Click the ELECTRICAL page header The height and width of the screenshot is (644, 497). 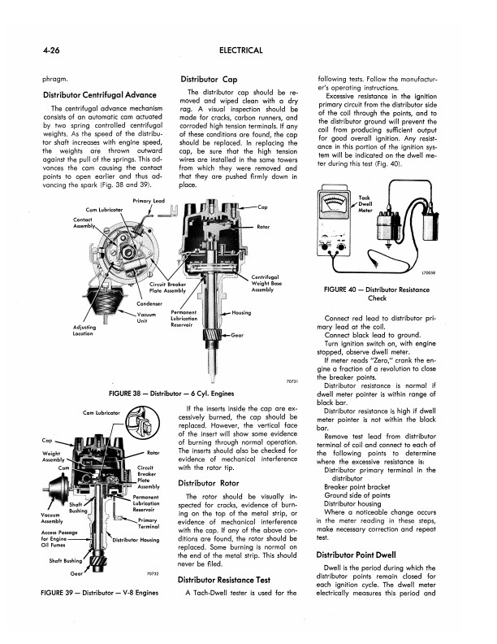coord(241,50)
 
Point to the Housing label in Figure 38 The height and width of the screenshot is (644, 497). coord(241,312)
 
